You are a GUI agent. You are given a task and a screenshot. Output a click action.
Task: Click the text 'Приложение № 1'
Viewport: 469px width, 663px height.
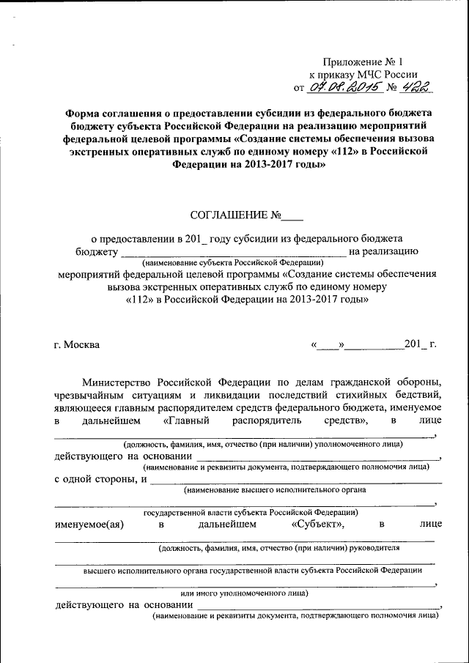tap(363, 62)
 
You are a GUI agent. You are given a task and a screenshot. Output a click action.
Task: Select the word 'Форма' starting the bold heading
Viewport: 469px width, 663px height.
tap(82, 113)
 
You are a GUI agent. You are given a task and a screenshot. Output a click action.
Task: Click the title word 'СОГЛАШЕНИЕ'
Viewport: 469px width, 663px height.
tap(229, 215)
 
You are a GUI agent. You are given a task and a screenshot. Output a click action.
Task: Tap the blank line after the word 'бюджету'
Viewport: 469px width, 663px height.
tap(233, 253)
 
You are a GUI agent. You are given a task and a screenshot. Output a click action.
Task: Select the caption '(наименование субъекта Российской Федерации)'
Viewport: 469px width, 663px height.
tap(233, 262)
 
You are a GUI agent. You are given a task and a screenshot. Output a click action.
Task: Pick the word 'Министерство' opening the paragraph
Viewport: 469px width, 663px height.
tap(116, 382)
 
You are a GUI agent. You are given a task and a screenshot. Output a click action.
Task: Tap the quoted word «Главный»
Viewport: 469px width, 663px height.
tap(186, 421)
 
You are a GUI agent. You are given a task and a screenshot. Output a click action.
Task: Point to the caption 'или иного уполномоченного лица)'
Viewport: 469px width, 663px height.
tap(245, 593)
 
